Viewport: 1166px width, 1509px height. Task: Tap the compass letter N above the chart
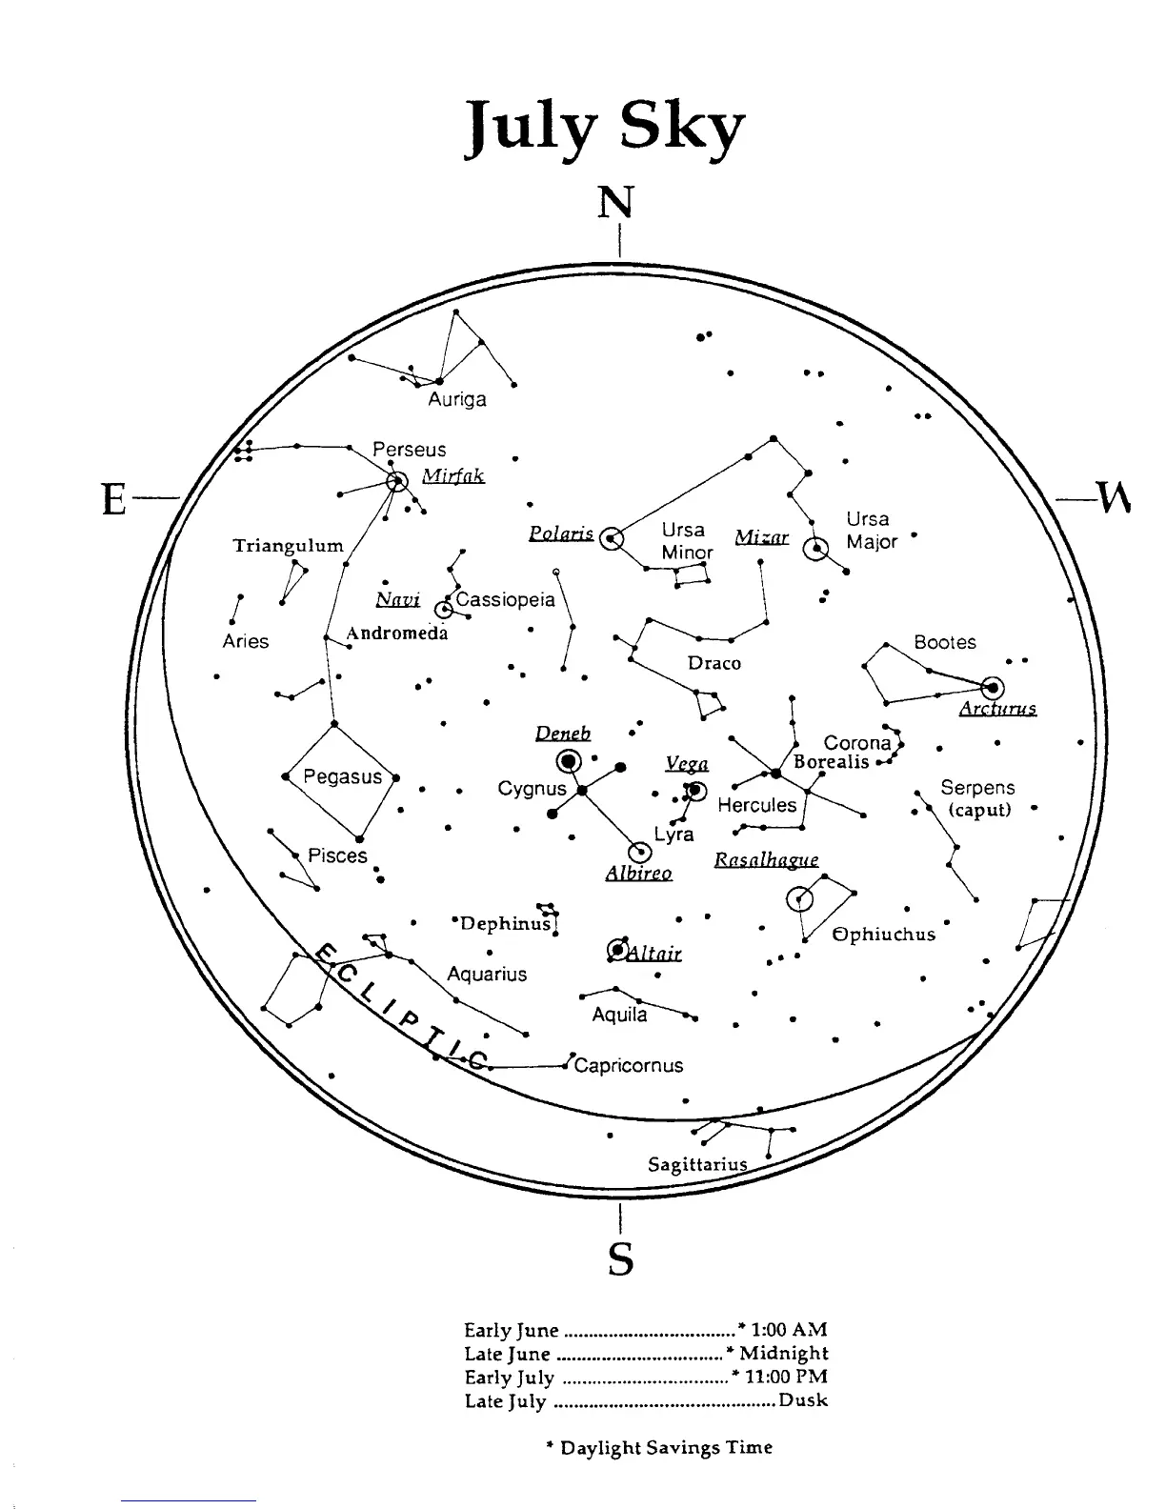pos(615,203)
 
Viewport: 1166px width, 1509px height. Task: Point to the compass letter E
pos(114,498)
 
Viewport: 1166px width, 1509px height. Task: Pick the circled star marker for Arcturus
pos(994,687)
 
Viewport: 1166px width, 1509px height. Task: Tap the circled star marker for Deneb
pos(570,760)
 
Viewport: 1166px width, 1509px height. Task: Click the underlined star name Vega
pos(687,764)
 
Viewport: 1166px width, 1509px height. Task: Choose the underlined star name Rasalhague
pos(766,860)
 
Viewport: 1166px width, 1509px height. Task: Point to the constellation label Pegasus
pos(342,776)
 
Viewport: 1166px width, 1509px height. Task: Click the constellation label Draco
pos(714,663)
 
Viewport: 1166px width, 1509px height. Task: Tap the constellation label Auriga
pos(457,400)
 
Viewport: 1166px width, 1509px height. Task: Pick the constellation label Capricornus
pos(629,1065)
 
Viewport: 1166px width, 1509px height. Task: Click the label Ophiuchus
pos(884,935)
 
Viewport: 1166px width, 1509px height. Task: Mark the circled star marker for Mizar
pos(815,550)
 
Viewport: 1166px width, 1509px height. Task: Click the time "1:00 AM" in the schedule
pos(789,1329)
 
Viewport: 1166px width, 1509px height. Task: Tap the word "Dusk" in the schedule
pos(803,1400)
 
